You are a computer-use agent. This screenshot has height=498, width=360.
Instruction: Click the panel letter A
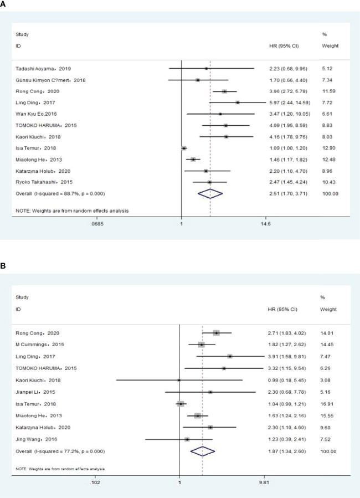(4, 3)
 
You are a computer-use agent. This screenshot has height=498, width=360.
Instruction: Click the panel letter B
(4, 266)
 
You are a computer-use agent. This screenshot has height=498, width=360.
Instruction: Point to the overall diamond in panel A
(210, 193)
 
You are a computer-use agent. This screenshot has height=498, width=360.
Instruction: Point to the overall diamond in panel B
(202, 451)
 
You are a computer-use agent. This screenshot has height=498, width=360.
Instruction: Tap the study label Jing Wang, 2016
(34, 440)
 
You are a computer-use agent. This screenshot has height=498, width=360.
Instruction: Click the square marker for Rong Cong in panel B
(216, 333)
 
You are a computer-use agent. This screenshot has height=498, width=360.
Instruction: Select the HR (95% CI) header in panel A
(282, 45)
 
